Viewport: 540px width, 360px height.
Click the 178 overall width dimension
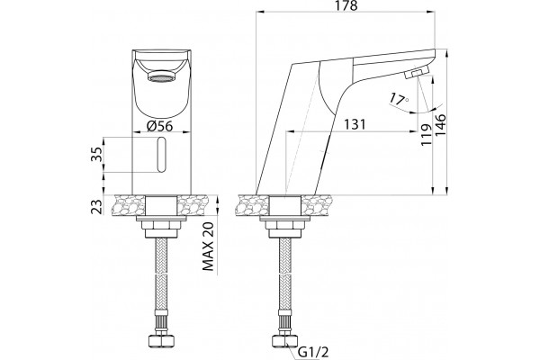(x=346, y=6)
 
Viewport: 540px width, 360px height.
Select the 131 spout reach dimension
(x=355, y=124)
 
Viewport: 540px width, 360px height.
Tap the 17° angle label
(x=399, y=99)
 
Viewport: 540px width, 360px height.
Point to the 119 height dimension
(x=426, y=134)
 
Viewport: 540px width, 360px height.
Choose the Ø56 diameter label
(x=160, y=126)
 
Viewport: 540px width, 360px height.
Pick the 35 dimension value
(x=97, y=154)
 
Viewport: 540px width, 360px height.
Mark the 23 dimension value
(x=97, y=206)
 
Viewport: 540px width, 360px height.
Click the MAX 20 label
(x=208, y=247)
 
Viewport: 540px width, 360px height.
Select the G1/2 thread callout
(x=313, y=353)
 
